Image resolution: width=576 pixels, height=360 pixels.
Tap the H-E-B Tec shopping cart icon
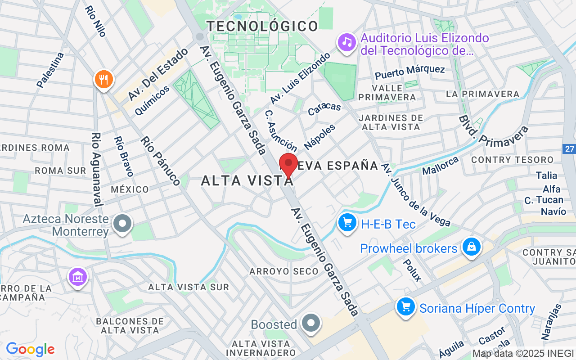click(347, 222)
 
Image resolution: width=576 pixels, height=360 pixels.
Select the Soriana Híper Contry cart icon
click(406, 307)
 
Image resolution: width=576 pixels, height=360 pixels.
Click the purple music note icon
click(346, 43)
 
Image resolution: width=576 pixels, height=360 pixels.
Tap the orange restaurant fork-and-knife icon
click(104, 80)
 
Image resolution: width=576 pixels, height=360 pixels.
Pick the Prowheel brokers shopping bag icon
click(471, 247)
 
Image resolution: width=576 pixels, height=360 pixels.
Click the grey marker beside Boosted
click(310, 323)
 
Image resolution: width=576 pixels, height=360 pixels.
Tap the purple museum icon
click(78, 277)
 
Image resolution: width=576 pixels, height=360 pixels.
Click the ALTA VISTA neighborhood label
click(247, 181)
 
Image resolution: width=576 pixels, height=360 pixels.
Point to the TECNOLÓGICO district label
click(263, 26)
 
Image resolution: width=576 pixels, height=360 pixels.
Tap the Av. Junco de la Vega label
click(415, 194)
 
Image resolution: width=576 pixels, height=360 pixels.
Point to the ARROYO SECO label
click(277, 271)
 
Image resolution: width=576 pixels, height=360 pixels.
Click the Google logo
click(30, 349)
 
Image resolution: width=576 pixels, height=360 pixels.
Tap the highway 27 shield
click(570, 148)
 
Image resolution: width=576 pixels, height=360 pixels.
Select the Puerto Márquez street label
click(409, 71)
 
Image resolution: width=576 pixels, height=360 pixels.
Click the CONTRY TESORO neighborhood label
click(512, 160)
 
